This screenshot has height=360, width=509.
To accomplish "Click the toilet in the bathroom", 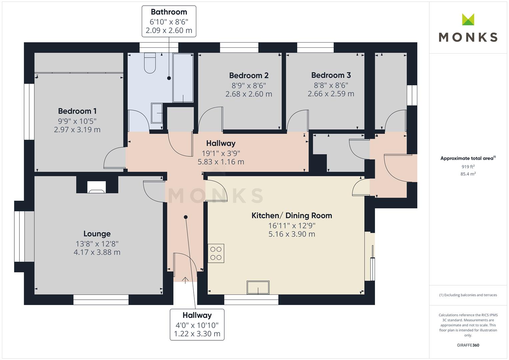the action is (x=150, y=63).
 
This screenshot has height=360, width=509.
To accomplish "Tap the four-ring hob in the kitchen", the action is (x=216, y=253).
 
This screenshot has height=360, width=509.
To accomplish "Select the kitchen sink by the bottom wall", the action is (x=258, y=287).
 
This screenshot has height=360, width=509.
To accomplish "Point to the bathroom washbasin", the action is (x=157, y=113).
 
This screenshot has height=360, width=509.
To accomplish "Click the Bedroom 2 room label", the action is (x=249, y=75).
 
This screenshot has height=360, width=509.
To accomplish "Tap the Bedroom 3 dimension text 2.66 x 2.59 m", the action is (x=331, y=94).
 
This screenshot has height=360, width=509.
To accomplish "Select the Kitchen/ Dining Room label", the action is (x=292, y=215).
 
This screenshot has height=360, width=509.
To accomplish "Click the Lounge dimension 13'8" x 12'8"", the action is (x=97, y=244).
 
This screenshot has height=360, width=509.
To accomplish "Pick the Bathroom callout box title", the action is (x=169, y=12).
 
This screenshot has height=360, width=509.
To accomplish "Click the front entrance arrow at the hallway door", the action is (x=185, y=280).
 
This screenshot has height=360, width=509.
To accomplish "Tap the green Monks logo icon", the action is (x=468, y=19).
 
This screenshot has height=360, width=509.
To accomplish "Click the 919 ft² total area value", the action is (x=468, y=167).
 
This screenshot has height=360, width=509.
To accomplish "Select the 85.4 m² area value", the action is (x=468, y=174).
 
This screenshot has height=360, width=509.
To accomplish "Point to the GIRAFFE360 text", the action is (x=468, y=345).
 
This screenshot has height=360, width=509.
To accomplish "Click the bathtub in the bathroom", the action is (x=183, y=78).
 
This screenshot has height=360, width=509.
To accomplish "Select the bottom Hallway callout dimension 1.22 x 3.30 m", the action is (x=197, y=334).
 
